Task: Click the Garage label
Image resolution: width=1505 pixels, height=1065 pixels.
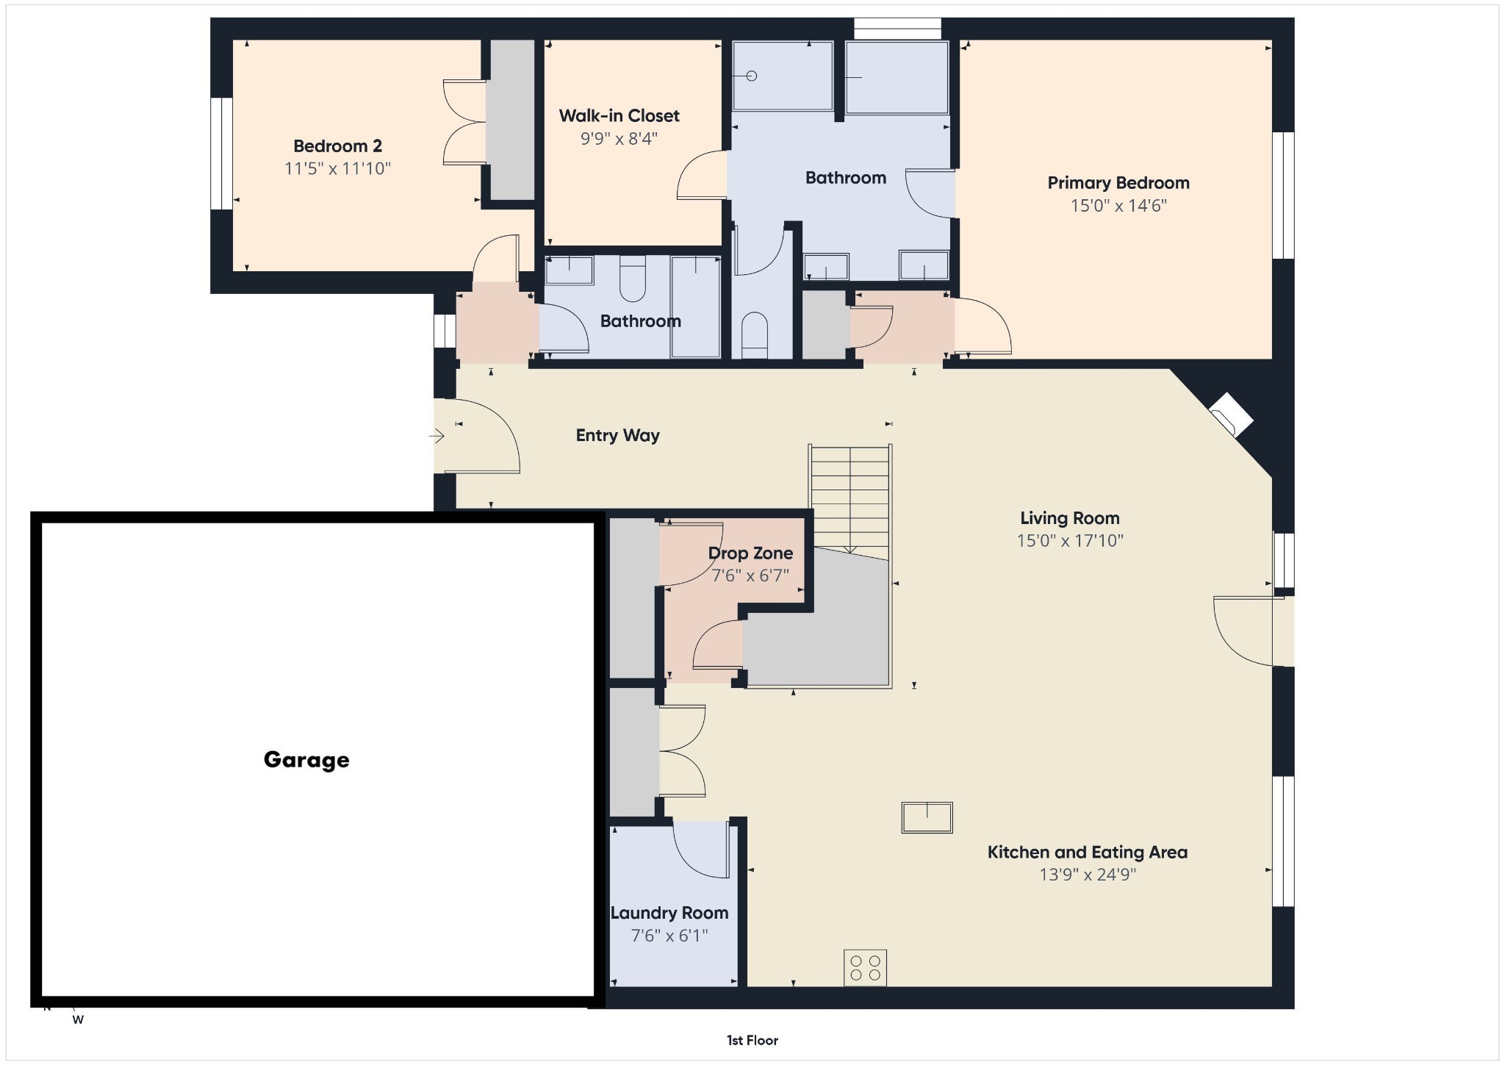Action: click(306, 759)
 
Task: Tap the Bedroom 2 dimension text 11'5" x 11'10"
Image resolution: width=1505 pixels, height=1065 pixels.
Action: click(337, 168)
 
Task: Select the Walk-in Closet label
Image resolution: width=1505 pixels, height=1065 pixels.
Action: click(619, 115)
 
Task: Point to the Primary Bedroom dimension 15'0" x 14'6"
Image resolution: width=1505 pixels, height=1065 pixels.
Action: click(1118, 205)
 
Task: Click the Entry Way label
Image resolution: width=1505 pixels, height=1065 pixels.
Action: click(617, 435)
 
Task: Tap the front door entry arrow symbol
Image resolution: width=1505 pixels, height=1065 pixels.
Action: click(437, 437)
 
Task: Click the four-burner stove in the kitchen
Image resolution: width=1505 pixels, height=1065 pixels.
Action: click(865, 967)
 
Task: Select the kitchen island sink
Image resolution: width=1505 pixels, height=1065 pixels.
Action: click(927, 817)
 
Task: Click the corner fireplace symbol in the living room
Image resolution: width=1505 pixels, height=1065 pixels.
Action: click(1231, 415)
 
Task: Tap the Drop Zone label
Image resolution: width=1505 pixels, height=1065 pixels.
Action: click(750, 553)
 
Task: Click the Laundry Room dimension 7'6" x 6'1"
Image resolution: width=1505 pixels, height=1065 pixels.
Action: click(669, 935)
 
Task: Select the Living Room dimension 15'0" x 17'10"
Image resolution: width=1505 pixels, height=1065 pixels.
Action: click(1070, 540)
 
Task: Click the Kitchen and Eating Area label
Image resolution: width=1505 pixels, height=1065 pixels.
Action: click(1087, 852)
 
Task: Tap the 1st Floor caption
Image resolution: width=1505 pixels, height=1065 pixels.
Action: click(752, 1040)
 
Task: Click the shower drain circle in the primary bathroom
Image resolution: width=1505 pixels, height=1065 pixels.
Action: click(752, 76)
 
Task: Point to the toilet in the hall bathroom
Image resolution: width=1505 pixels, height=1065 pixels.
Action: click(633, 279)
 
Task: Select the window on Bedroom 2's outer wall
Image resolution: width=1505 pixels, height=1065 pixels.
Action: click(221, 154)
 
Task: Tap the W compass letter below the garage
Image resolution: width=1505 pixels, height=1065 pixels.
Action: click(78, 1019)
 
